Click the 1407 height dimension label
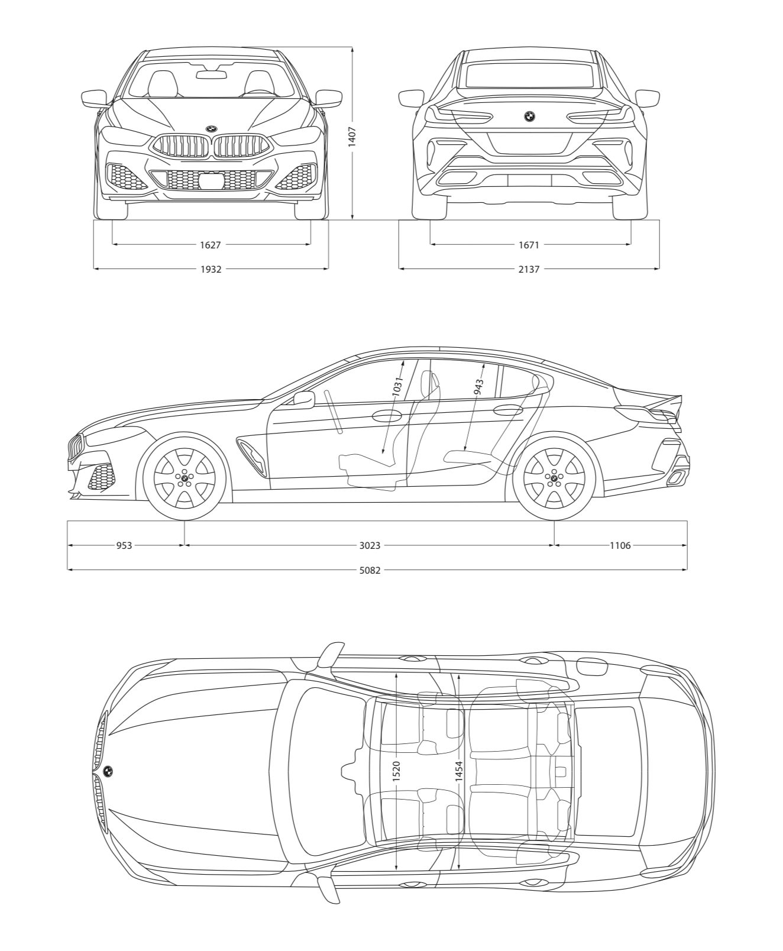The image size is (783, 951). tap(352, 137)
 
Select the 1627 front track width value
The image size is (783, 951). tap(211, 245)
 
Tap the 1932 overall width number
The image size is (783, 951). tap(211, 269)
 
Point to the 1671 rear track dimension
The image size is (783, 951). tap(529, 245)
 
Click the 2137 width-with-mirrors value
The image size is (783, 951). tap(529, 269)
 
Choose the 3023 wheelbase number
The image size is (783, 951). tap(370, 546)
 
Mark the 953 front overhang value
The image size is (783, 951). tap(124, 546)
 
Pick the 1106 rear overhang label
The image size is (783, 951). tap(620, 546)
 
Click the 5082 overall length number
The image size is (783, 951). tap(370, 570)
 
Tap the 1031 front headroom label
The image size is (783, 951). tap(397, 387)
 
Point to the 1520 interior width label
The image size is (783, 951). tap(396, 772)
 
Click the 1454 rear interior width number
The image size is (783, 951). tap(459, 772)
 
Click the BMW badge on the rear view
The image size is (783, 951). tap(529, 117)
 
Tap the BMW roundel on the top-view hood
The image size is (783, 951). tap(108, 772)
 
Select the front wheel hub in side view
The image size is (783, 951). tap(184, 477)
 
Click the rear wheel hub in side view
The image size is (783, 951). tap(554, 477)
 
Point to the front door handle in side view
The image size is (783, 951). tap(387, 415)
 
